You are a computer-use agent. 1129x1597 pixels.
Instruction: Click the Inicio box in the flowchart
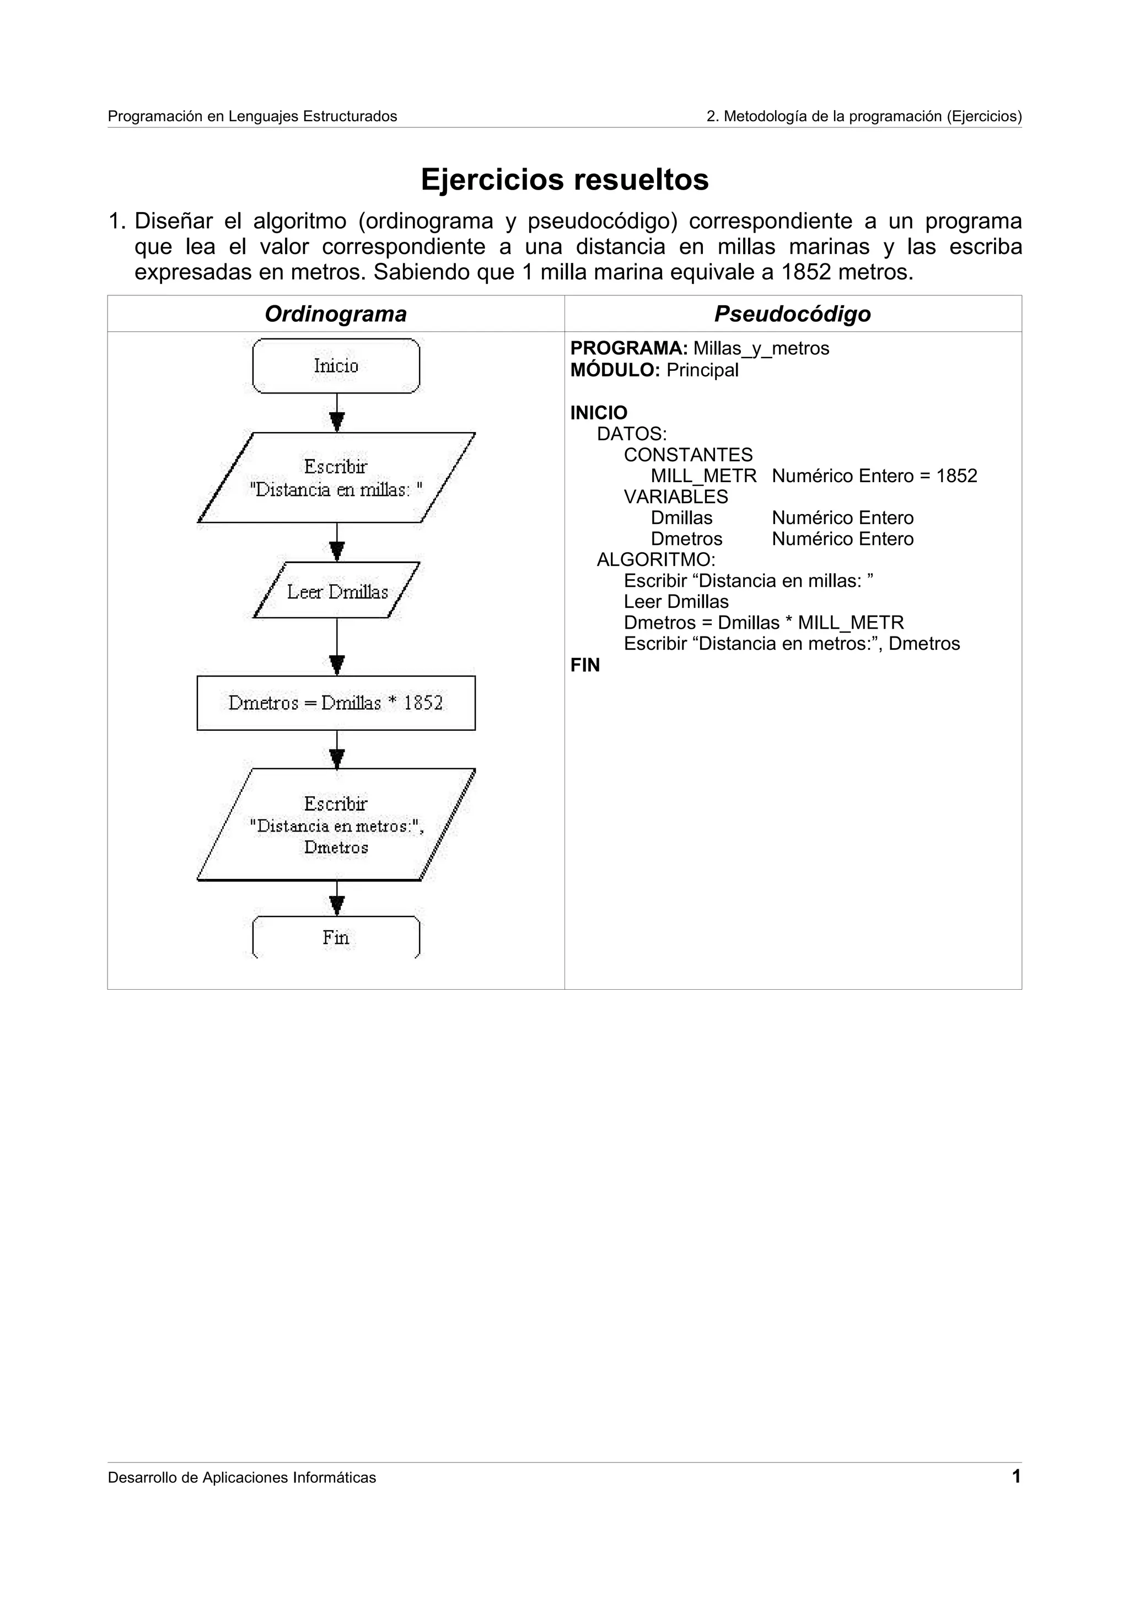(336, 366)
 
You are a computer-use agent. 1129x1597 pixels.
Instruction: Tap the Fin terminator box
(336, 937)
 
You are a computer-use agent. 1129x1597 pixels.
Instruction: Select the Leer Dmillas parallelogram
(337, 591)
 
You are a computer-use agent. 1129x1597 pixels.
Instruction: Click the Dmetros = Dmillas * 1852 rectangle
(336, 703)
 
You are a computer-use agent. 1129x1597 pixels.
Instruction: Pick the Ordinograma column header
(335, 314)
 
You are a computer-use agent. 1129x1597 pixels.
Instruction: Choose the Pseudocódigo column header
(792, 314)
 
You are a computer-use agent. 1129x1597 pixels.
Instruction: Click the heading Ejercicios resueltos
(564, 180)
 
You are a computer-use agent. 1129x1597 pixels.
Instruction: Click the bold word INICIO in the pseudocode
(598, 412)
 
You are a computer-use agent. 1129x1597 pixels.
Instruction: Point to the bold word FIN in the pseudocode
(585, 665)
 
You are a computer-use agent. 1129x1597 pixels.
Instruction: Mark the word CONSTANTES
(688, 455)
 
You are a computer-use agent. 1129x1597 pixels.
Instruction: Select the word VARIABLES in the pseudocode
(675, 497)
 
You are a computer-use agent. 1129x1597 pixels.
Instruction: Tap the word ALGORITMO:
(656, 559)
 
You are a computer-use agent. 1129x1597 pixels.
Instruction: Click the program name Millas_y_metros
(761, 348)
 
